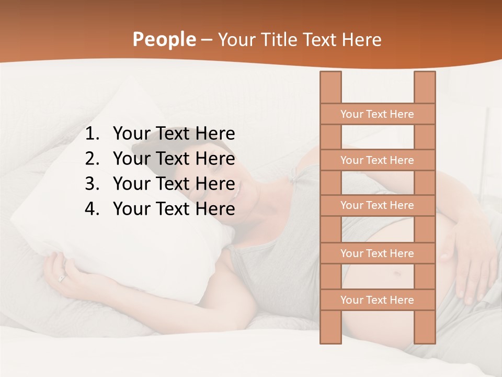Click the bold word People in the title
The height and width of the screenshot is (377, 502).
pos(164,39)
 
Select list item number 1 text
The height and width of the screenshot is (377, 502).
pos(174,134)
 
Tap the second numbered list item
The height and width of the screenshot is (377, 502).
pos(174,159)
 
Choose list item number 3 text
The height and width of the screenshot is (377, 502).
pos(174,184)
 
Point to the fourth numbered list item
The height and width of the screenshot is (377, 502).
pos(174,209)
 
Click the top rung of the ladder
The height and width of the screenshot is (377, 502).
pos(377,114)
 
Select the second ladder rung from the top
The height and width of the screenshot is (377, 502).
pos(377,160)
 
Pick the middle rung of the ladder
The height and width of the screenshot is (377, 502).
pos(377,205)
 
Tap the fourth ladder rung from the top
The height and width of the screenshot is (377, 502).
pos(377,253)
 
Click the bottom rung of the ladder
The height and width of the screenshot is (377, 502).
pos(377,300)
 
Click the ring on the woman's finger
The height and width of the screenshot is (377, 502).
pos(62,279)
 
